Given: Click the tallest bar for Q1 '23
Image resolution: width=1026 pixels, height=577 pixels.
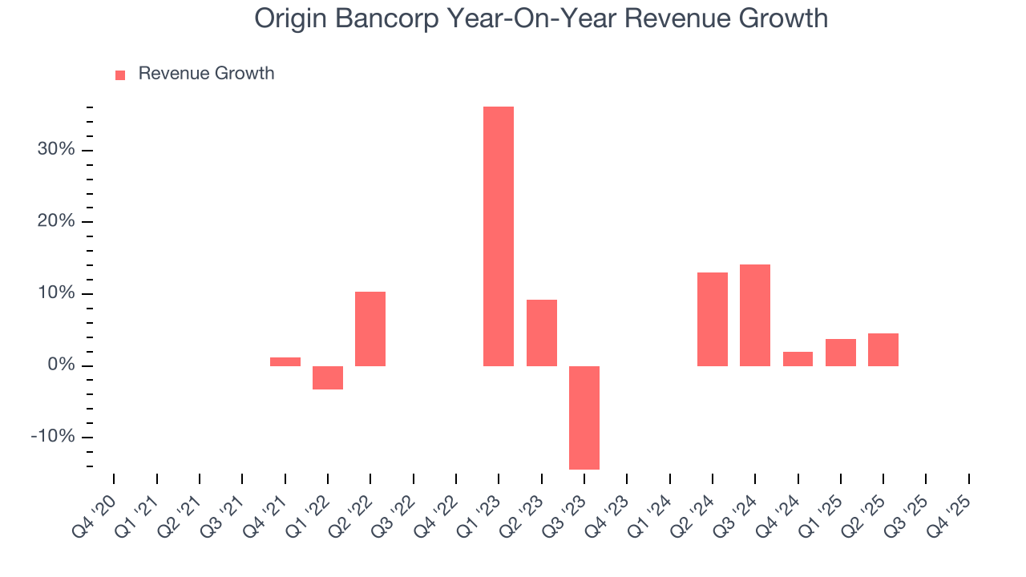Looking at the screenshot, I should click(x=499, y=236).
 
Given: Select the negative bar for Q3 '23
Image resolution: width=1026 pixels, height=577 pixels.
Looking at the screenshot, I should click(x=584, y=418).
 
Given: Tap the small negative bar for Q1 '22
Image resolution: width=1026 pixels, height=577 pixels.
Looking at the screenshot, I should click(x=328, y=377).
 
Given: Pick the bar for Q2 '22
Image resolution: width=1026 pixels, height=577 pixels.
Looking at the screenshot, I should click(x=370, y=329).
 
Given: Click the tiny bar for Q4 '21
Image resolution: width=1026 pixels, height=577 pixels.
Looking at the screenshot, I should click(x=285, y=361).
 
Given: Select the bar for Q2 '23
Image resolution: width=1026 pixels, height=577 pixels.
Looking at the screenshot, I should click(x=542, y=333).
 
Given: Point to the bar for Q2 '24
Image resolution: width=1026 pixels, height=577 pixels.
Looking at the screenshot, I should click(x=713, y=319).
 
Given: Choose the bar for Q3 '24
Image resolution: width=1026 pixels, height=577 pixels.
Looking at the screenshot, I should click(x=755, y=315).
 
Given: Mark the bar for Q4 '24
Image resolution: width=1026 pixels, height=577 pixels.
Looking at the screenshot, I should click(x=798, y=359).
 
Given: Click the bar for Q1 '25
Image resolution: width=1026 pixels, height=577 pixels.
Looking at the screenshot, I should click(x=841, y=353).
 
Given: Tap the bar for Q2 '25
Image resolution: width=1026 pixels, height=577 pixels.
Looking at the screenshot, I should click(x=883, y=349).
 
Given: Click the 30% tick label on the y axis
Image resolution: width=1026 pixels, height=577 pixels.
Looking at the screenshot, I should click(x=55, y=150).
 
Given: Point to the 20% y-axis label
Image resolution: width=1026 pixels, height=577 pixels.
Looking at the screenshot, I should click(x=55, y=221).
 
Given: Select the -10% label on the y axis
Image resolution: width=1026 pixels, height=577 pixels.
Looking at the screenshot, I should click(x=53, y=437).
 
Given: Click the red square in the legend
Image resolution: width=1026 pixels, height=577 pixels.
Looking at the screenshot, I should click(x=120, y=75).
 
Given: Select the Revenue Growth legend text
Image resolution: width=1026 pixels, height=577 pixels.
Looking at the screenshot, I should click(x=206, y=74).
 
